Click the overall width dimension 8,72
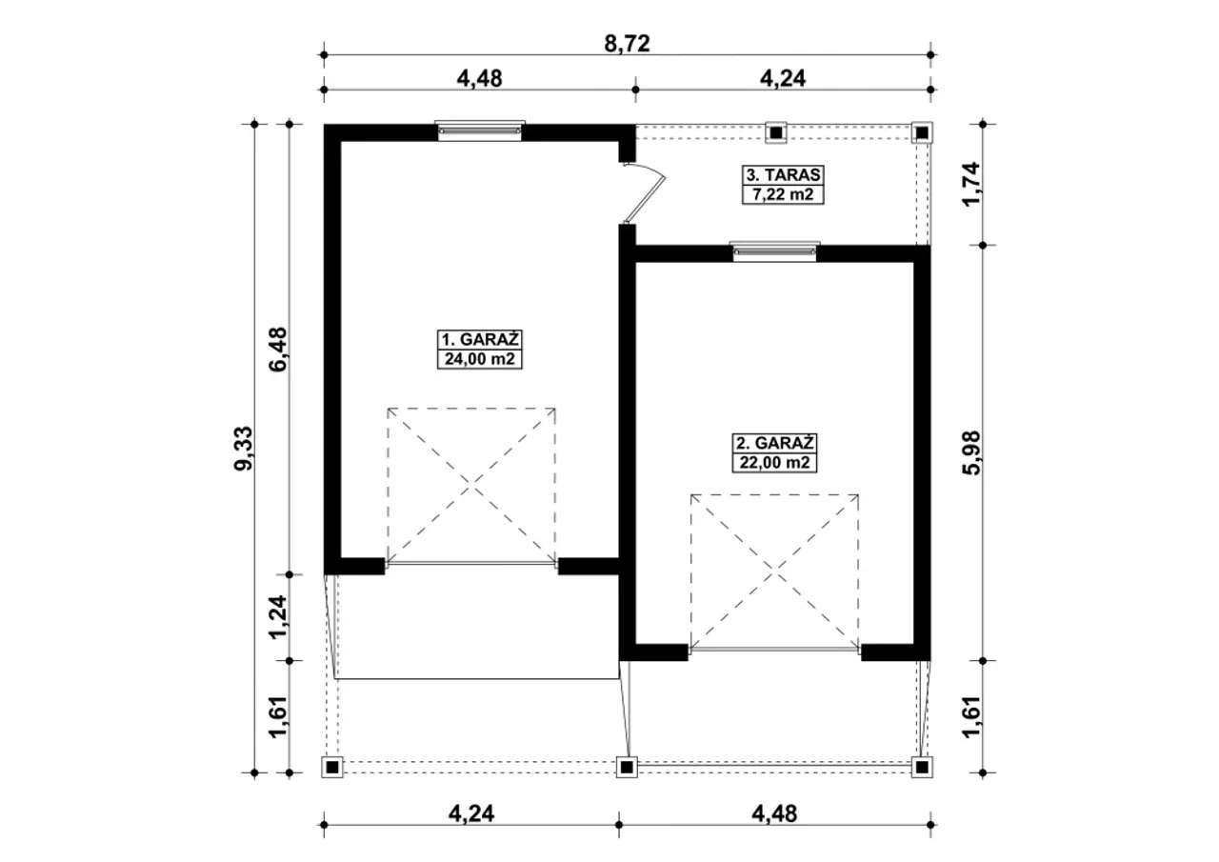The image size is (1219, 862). pos(627,44)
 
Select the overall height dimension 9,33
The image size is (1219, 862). pos(244,449)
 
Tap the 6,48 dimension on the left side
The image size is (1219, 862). pos(278,349)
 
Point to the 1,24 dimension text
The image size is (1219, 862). pos(278,617)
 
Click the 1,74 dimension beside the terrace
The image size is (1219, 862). pos(971,184)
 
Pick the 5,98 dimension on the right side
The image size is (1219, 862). pos(971,452)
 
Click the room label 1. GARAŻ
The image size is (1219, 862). pos(479,340)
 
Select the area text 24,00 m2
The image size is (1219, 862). pos(479,359)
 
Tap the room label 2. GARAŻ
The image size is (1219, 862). pos(774,442)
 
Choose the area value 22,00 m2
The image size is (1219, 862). pos(774,463)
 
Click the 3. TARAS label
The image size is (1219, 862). pos(783,174)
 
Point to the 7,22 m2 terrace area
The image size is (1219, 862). pos(783,194)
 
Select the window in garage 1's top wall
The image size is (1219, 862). pos(480,130)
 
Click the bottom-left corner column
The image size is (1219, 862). pos(332,768)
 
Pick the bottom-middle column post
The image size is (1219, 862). pos(627,768)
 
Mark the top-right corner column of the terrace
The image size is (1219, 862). pos(922,132)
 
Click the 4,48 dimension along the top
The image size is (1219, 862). pos(479,78)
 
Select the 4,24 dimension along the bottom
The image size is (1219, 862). pos(471,814)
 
